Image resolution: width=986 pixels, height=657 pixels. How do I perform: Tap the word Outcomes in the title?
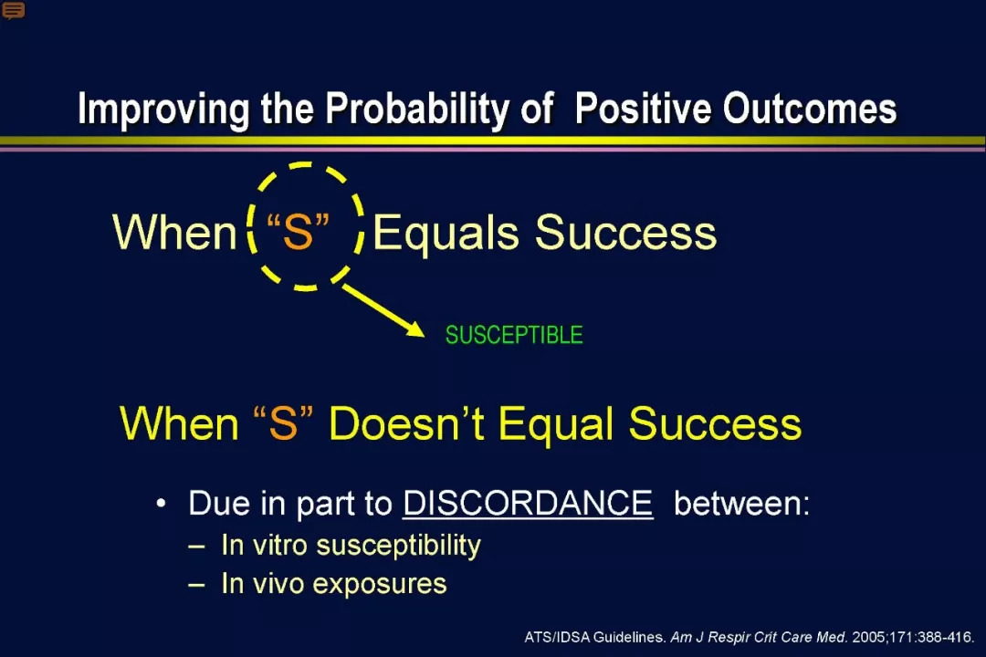click(809, 109)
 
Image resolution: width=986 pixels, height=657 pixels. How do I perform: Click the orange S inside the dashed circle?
click(298, 232)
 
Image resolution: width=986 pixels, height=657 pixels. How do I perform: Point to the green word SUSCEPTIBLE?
click(514, 335)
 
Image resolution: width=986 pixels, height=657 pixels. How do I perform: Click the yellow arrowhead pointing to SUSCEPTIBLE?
click(415, 328)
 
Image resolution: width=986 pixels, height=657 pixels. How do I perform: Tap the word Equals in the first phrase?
click(446, 234)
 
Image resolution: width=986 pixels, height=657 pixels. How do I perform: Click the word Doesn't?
click(406, 423)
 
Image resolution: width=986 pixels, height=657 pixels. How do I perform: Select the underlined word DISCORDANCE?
click(528, 503)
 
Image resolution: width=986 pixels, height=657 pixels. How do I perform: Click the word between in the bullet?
click(742, 503)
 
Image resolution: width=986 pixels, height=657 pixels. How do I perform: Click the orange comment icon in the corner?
click(13, 10)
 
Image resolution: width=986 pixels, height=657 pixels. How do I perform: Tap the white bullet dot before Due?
click(162, 504)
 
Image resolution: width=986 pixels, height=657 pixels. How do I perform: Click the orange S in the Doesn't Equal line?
click(283, 423)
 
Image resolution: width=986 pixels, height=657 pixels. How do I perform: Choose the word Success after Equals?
click(625, 233)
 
